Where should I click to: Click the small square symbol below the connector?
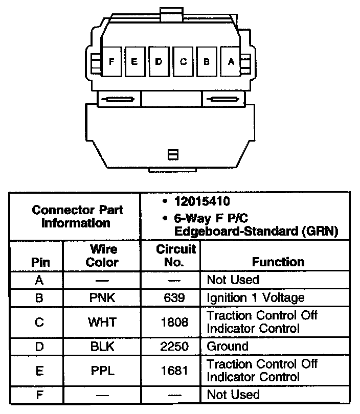click(x=173, y=154)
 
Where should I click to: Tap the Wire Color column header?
click(x=102, y=256)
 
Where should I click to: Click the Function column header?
click(x=278, y=262)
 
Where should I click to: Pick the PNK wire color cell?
click(x=102, y=297)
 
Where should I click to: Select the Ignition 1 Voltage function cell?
click(x=255, y=297)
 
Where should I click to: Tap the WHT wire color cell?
click(x=102, y=322)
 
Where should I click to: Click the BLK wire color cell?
click(x=102, y=346)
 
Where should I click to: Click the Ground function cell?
click(x=227, y=346)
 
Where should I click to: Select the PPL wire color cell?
click(x=102, y=371)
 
